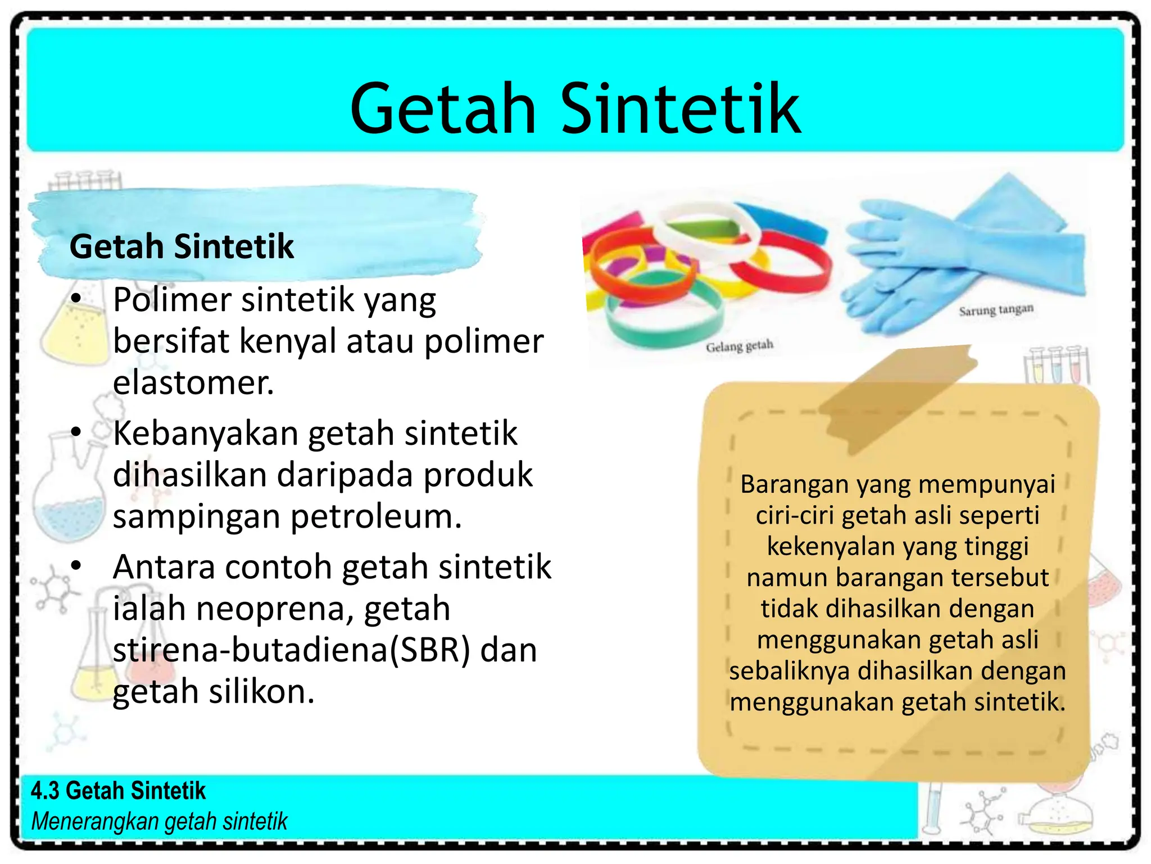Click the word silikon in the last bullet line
coord(261,691)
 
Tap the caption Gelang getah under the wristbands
coord(740,346)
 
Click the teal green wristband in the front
coord(663,326)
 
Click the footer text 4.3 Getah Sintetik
coord(118,791)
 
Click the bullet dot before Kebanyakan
coord(76,432)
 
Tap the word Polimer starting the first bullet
coord(171,300)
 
